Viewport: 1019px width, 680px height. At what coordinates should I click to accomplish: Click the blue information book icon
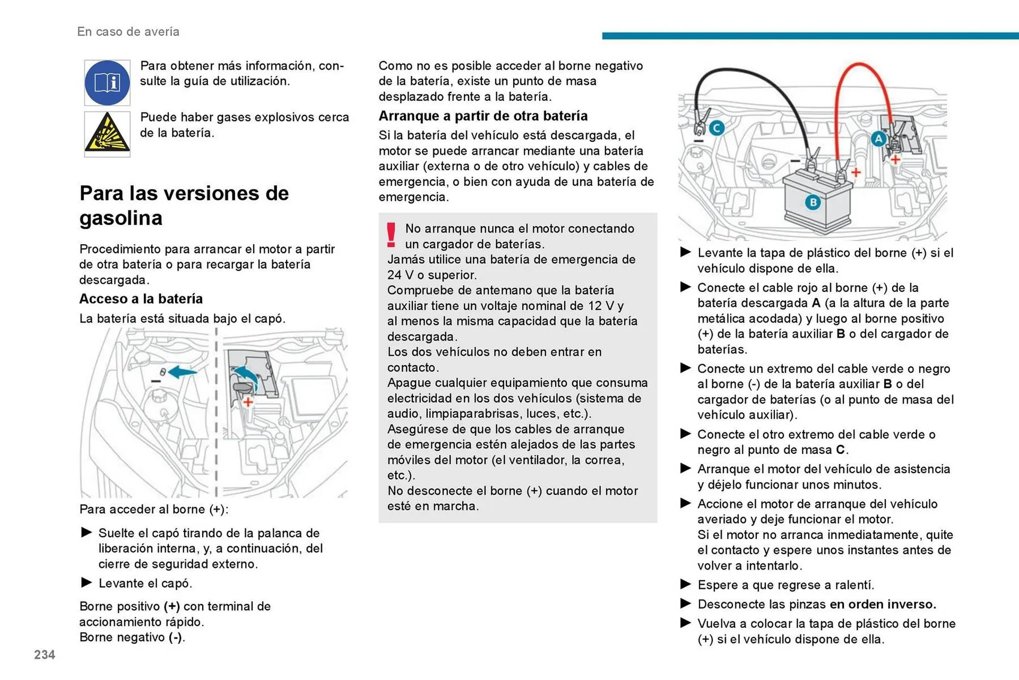pos(107,83)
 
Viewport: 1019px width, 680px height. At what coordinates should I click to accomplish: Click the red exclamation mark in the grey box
pos(391,235)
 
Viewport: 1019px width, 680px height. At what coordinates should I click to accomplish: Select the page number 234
pos(45,655)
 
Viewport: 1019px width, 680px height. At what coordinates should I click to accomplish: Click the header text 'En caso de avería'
pos(128,32)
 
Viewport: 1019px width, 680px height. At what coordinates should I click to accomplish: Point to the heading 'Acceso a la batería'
pos(141,299)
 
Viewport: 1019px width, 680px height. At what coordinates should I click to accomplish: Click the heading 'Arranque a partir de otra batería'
pos(483,116)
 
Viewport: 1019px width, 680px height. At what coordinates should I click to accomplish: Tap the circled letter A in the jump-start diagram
pos(878,139)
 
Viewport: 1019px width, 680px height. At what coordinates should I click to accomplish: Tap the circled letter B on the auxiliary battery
pos(813,202)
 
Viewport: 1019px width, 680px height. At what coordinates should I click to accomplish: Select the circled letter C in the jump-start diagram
pos(717,128)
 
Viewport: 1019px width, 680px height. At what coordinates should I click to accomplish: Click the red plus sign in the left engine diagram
pos(248,402)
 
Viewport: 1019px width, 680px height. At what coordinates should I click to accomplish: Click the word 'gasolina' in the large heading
pos(121,218)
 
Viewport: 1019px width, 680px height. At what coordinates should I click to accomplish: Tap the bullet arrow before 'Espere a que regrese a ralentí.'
pos(686,584)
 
